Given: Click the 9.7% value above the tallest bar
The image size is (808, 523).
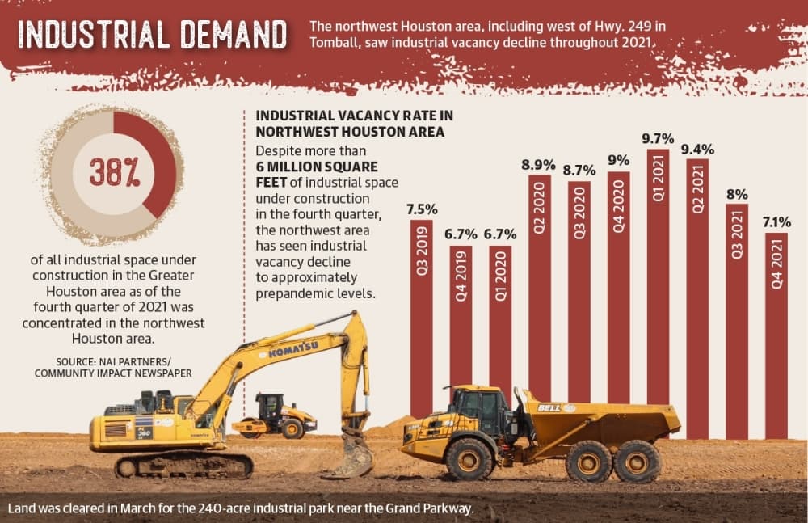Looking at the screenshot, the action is coord(658,139).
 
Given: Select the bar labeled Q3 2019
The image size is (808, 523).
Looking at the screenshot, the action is coord(421,320).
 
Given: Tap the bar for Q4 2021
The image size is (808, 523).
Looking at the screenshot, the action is coord(776,335).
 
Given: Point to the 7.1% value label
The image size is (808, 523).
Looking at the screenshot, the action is coord(776,222).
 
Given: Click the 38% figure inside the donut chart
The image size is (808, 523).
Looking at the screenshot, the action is coord(114,171).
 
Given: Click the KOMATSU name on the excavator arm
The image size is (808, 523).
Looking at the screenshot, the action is coord(293,349).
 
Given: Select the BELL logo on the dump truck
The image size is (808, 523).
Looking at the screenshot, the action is coord(549,408).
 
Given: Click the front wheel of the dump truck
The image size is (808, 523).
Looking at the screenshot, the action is coord(469,458).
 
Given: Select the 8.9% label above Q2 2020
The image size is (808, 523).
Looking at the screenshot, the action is coord(538,165).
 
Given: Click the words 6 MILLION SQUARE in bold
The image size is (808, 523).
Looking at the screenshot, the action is coord(317,167).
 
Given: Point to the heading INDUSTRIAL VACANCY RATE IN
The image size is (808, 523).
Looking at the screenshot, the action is coord(354,116).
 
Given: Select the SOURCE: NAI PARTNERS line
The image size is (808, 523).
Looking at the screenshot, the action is coord(113,361).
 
